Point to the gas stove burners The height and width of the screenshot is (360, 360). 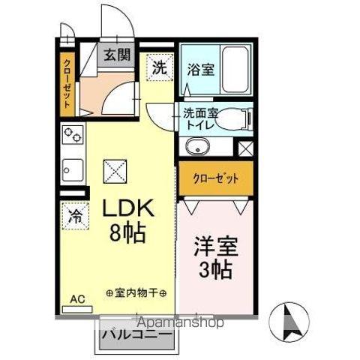click(x=73, y=137)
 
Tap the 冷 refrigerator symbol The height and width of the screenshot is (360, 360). click(x=75, y=217)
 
